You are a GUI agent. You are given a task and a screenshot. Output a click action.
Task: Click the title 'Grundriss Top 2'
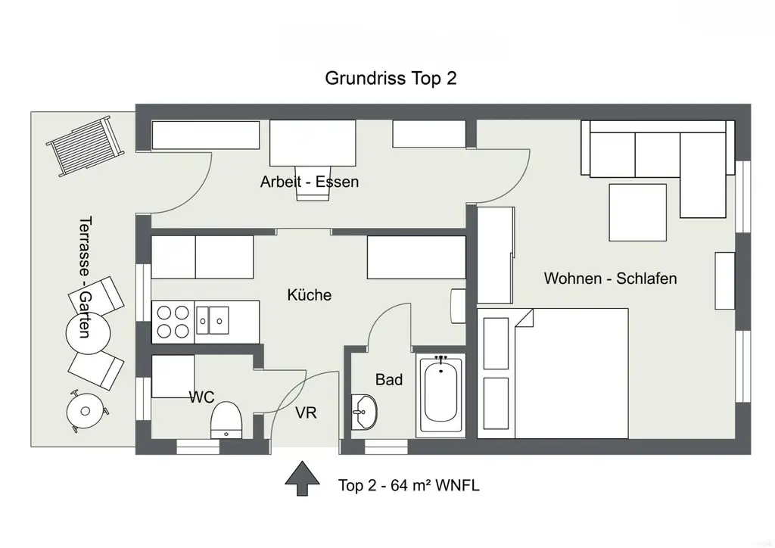pyautogui.click(x=391, y=78)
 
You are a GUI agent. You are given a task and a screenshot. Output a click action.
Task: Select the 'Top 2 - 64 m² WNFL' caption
pyautogui.click(x=409, y=486)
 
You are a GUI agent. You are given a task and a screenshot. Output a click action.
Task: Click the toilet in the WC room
pyautogui.click(x=226, y=419)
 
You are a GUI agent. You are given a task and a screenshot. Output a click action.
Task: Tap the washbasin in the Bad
pyautogui.click(x=364, y=413)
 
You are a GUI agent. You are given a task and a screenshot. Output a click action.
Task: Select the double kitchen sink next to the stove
pyautogui.click(x=213, y=319)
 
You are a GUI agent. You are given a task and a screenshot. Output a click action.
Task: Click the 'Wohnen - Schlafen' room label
pyautogui.click(x=610, y=279)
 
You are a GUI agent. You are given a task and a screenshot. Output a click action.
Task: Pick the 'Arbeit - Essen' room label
pyautogui.click(x=309, y=182)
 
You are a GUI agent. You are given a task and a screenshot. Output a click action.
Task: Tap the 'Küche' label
pyautogui.click(x=309, y=295)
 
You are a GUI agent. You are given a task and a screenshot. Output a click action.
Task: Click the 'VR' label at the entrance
pyautogui.click(x=306, y=413)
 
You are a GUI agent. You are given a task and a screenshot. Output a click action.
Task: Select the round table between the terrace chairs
pyautogui.click(x=88, y=332)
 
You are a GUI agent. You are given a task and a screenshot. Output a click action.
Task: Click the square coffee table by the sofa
pyautogui.click(x=637, y=212)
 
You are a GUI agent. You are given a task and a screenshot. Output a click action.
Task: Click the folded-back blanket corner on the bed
pyautogui.click(x=523, y=319)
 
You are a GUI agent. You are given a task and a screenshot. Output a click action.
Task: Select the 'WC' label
pyautogui.click(x=203, y=397)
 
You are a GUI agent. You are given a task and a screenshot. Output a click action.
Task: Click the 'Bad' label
pyautogui.click(x=389, y=380)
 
